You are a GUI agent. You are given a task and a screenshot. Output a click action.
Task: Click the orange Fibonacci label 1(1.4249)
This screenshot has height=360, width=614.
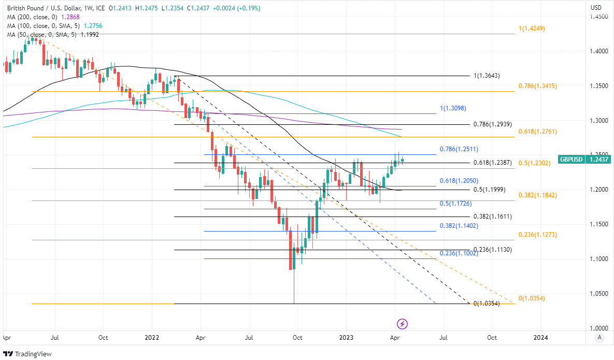[532, 28]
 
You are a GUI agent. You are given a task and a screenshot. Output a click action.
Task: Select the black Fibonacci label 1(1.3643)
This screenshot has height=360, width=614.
[487, 76]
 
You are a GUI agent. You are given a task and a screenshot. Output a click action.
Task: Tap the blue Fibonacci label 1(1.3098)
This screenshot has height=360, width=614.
[453, 108]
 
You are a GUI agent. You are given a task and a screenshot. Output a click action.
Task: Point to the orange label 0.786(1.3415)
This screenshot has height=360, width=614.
[538, 86]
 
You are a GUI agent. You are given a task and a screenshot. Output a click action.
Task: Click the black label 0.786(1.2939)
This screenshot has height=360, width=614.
[493, 124]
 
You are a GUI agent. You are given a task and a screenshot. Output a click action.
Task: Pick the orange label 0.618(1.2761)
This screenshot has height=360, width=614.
[538, 132]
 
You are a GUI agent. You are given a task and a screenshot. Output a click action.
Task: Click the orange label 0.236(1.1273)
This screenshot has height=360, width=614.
[538, 235]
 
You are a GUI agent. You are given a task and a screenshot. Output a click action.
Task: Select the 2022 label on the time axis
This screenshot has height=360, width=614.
[152, 338]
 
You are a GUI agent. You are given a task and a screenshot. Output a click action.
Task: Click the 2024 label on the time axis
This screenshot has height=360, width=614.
[540, 338]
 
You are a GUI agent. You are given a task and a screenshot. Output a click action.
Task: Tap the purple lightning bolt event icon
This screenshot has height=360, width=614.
[403, 324]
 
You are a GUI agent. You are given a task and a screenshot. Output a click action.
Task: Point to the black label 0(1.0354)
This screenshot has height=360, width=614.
[487, 304]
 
